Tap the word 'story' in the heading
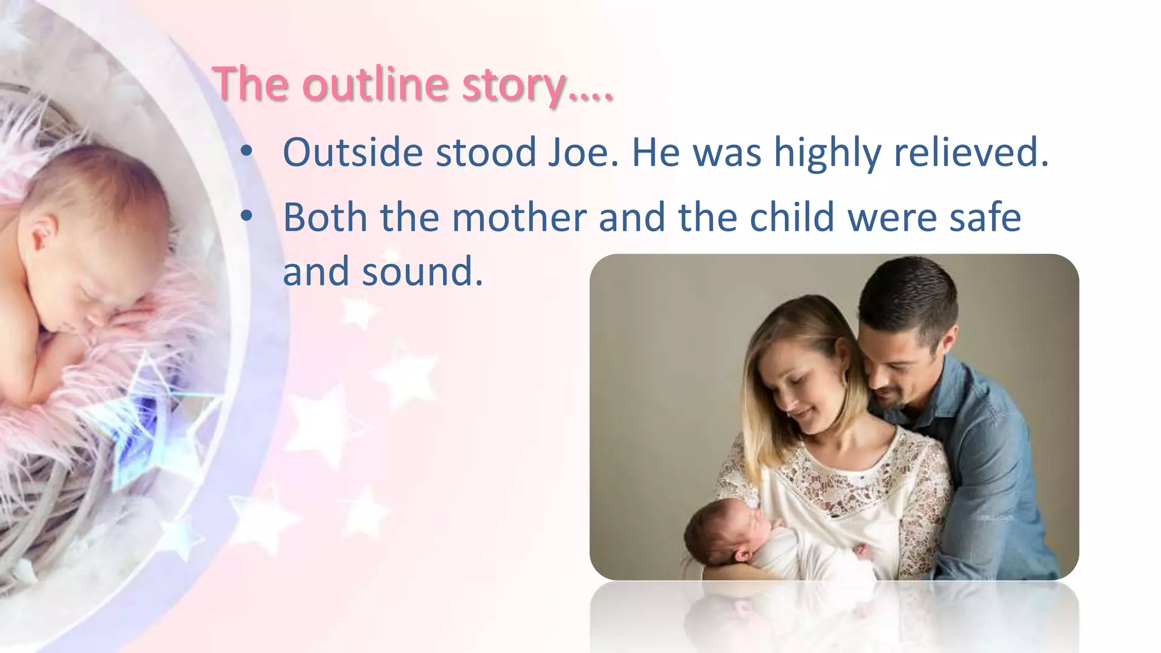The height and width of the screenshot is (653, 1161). [x=514, y=85]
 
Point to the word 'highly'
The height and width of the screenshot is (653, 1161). [x=828, y=153]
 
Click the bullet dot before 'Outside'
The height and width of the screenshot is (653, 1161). [x=246, y=151]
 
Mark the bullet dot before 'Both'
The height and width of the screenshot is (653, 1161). [x=246, y=217]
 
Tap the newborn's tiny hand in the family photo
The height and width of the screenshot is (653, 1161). [x=861, y=550]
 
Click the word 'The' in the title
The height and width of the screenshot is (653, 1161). [x=249, y=84]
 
